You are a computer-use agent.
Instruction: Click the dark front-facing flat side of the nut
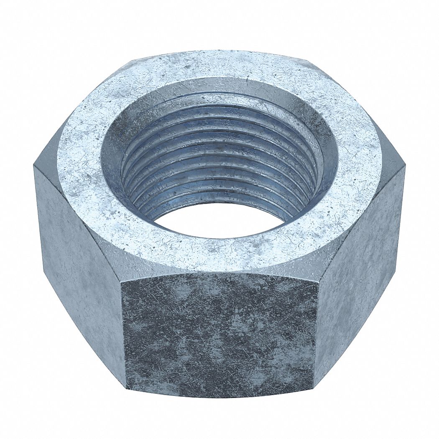[x=219, y=334]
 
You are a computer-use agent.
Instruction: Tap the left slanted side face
[x=79, y=259]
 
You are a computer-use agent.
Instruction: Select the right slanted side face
[x=360, y=268]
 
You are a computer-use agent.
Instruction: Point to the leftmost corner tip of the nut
[x=34, y=167]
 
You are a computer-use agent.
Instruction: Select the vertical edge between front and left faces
[x=124, y=334]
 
